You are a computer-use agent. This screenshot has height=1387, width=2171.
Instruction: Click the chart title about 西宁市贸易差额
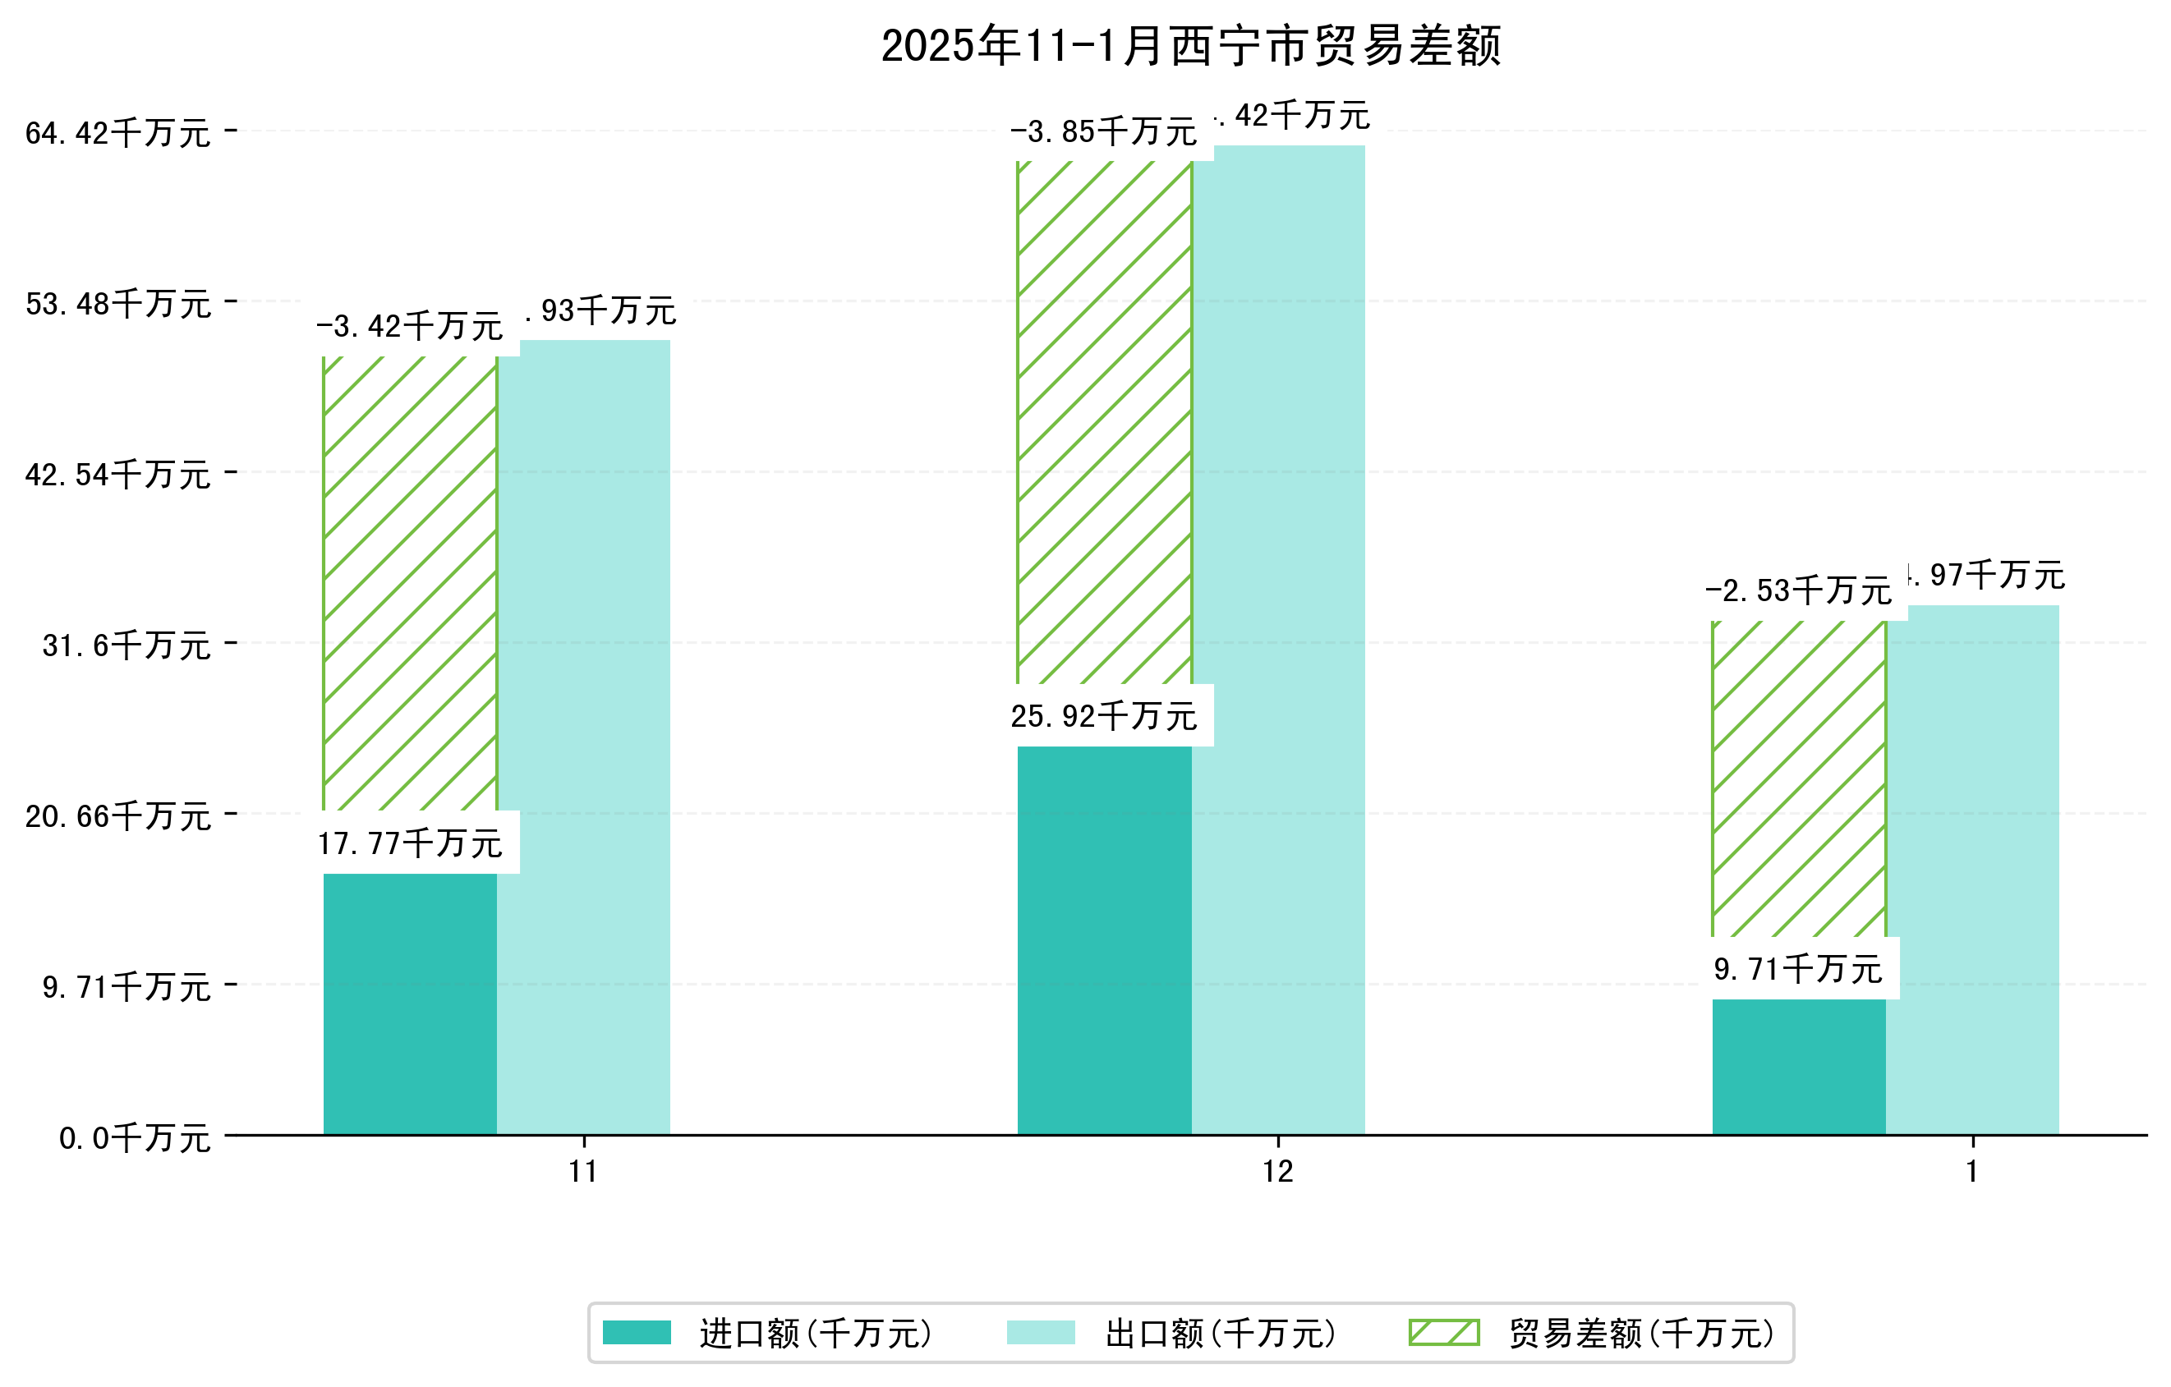(x=1190, y=46)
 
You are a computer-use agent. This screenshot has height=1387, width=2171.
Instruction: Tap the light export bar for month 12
(x=1277, y=639)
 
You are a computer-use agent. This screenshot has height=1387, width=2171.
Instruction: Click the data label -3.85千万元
(x=1103, y=132)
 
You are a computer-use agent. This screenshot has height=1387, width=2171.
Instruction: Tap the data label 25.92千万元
(x=1103, y=716)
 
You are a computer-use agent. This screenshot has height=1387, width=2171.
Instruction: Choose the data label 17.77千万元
(x=410, y=843)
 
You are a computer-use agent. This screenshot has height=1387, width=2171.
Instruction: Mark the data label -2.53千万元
(x=1798, y=591)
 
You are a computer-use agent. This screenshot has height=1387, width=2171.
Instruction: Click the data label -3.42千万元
(x=409, y=326)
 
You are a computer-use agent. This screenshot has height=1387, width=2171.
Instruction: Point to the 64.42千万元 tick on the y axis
(x=118, y=133)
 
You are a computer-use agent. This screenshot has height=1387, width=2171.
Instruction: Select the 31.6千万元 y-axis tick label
(x=126, y=645)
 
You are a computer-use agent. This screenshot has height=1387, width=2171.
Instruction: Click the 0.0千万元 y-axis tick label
(x=135, y=1138)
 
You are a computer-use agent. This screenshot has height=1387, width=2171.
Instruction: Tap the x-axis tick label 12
(x=1277, y=1172)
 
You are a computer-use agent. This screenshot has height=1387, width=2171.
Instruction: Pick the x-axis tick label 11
(x=583, y=1172)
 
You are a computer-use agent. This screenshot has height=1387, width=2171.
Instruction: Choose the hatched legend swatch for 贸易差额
(x=1443, y=1333)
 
